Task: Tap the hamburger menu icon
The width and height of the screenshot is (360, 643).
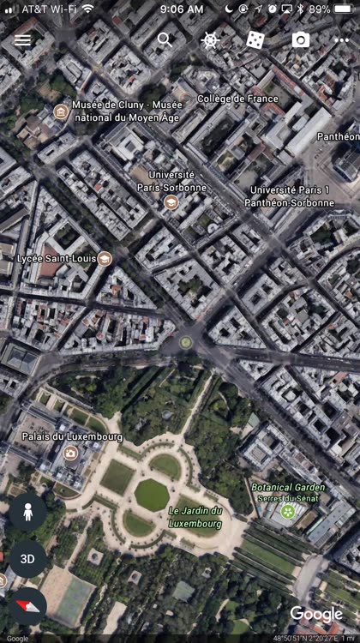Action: coord(22,39)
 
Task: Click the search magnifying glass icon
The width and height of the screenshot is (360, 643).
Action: coord(165,39)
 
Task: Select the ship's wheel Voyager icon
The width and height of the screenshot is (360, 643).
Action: coord(210,39)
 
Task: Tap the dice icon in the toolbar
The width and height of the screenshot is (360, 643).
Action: coord(255,39)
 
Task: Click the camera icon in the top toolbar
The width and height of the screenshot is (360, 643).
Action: coord(300,39)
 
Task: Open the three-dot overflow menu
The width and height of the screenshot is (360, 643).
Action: coord(344,39)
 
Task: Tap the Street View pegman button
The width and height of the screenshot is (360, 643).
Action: coord(28,513)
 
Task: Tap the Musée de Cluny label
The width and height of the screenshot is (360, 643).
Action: coord(126,111)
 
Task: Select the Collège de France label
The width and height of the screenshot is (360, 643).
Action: coord(237,99)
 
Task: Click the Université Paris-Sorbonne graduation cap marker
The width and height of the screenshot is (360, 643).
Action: coord(171,203)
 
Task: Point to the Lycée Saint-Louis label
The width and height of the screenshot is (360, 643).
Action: coord(57,258)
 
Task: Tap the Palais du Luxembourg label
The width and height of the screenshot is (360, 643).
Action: coord(72,436)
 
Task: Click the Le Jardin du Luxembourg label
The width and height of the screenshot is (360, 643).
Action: coord(195,517)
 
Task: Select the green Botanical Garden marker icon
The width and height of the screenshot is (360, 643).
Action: coord(289,512)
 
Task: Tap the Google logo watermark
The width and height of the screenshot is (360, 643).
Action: coord(315,614)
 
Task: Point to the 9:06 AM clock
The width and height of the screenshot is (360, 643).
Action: coord(182,9)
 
